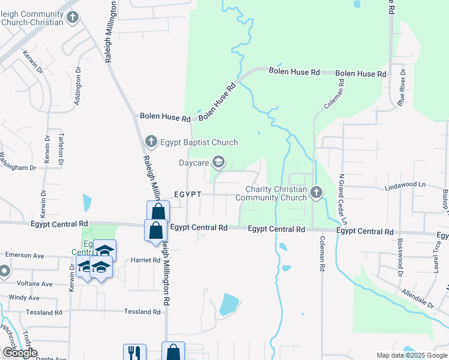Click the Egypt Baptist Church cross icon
151,142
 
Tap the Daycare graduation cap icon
218,161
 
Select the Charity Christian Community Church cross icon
316,192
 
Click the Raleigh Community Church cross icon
73,17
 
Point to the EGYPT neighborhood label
187,195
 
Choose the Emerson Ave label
25,255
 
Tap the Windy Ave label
24,298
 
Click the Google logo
20,353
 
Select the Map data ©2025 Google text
411,355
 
